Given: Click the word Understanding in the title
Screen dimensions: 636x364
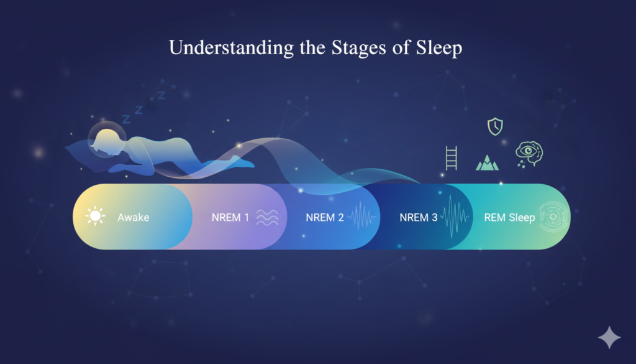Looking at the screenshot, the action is [231, 48].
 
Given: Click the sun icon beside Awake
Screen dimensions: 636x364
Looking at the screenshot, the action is [95, 216].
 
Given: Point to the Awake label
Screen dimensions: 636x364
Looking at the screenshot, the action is [134, 217].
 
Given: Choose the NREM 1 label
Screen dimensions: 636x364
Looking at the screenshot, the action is [230, 217].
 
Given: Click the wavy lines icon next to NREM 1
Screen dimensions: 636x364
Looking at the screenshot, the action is [267, 217].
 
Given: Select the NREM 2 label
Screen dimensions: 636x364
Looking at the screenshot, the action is [324, 217].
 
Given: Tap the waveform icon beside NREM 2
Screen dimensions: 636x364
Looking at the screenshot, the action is [361, 216].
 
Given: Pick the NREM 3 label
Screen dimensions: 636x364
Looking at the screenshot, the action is [419, 217].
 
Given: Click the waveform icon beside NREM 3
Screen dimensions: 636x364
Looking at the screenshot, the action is [455, 216].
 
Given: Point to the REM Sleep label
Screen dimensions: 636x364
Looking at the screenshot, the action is [510, 217].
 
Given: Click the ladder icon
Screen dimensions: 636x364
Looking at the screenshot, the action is [451, 158].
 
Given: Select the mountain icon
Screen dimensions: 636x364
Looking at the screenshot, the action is [487, 162].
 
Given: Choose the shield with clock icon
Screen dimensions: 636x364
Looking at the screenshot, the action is [495, 126].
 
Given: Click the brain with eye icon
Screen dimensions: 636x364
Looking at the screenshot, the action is [529, 154].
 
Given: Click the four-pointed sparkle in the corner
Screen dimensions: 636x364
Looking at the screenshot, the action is [609, 338].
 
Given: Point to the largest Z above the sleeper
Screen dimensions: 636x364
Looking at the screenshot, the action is [126, 119].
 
